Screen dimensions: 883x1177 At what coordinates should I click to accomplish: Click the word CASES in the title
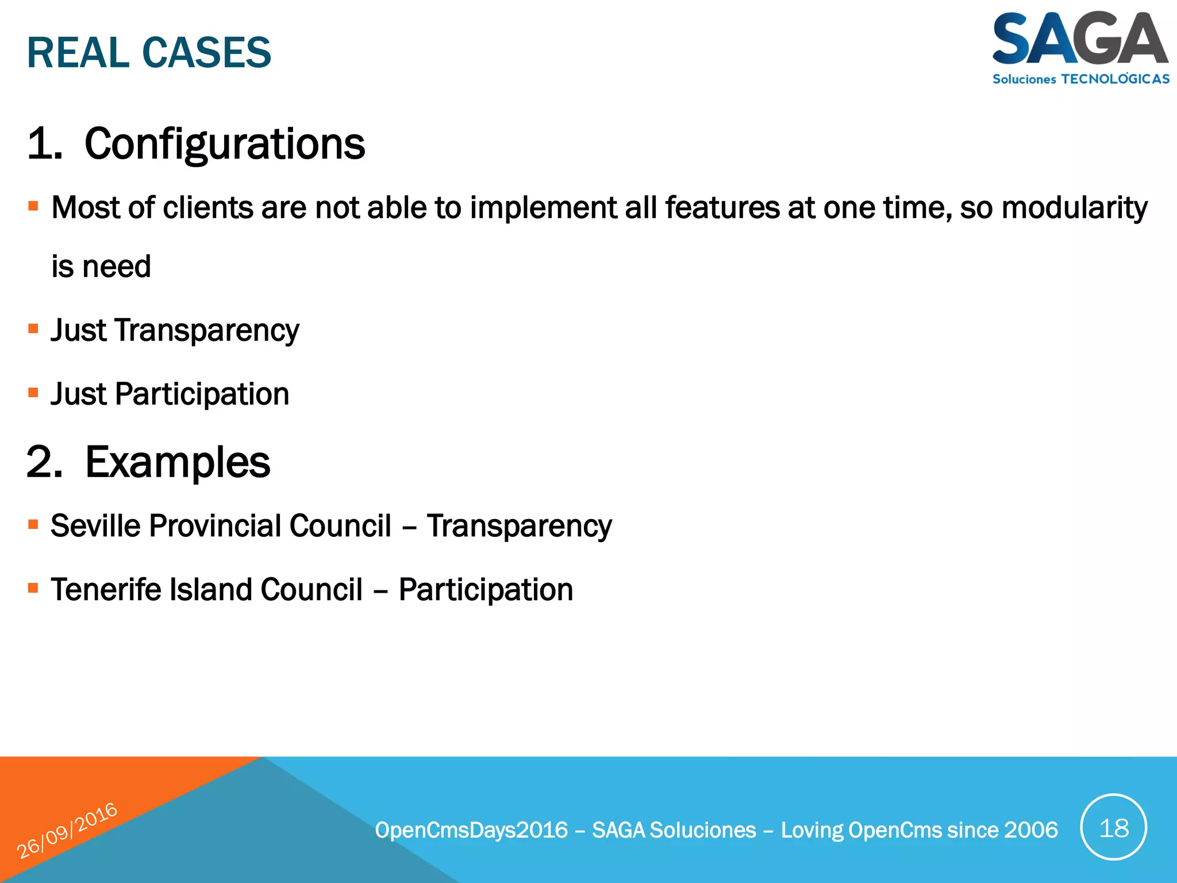point(206,53)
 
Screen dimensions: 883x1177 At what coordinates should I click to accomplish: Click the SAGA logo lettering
point(1079,39)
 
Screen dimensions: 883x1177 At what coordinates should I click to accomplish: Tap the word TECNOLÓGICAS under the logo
point(1114,79)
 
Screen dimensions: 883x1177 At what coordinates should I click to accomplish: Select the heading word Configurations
point(224,144)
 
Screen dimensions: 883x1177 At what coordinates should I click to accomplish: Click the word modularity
point(1074,208)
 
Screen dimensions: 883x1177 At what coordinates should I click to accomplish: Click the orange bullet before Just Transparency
point(33,329)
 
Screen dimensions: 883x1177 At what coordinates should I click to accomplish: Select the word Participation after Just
point(202,394)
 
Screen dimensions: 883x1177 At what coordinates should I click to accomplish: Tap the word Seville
point(95,525)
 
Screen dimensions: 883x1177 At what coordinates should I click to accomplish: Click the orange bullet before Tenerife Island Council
point(33,588)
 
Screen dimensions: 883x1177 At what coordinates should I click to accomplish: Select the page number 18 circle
point(1113,828)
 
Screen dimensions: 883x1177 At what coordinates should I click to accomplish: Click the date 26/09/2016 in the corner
point(67,831)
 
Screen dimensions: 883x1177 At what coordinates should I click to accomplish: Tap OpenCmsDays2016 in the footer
point(471,830)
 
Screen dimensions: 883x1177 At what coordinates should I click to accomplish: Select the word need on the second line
point(117,267)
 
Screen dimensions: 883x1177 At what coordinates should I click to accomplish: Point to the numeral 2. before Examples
point(44,462)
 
